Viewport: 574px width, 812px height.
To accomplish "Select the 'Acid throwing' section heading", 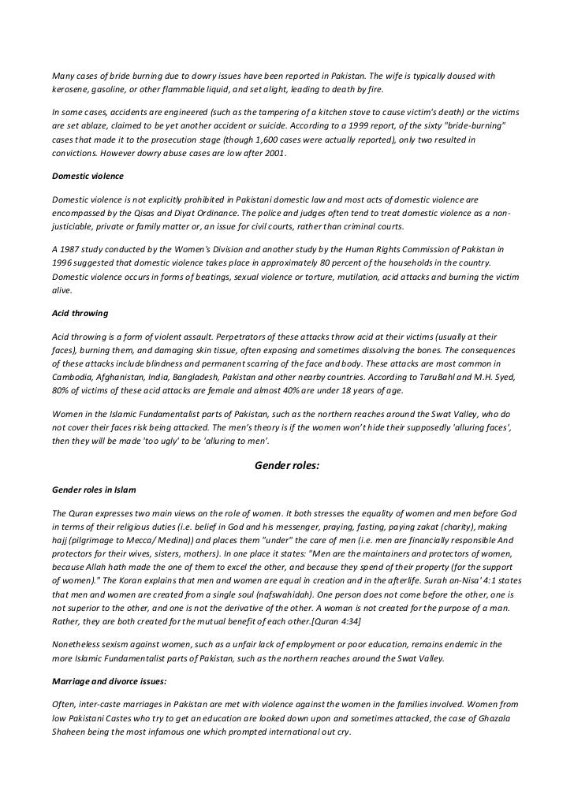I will pos(77,311).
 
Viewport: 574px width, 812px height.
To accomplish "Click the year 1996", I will pos(64,263).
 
